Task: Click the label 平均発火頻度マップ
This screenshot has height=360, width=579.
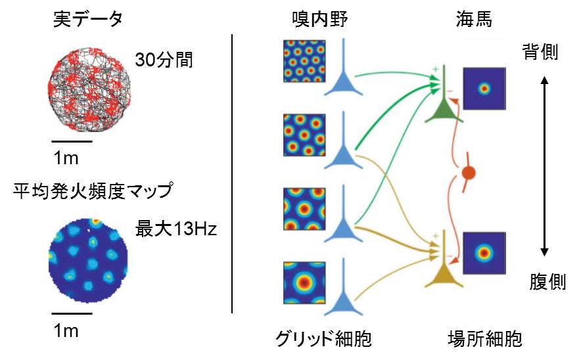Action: (92, 192)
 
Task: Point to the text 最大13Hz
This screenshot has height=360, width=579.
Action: (175, 231)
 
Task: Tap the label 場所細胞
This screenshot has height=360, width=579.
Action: (483, 340)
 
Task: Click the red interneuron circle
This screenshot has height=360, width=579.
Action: (468, 173)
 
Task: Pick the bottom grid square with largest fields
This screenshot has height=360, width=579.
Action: (305, 285)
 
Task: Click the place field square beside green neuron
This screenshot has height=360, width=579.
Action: (485, 89)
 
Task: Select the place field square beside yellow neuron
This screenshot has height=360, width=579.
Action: (485, 252)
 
